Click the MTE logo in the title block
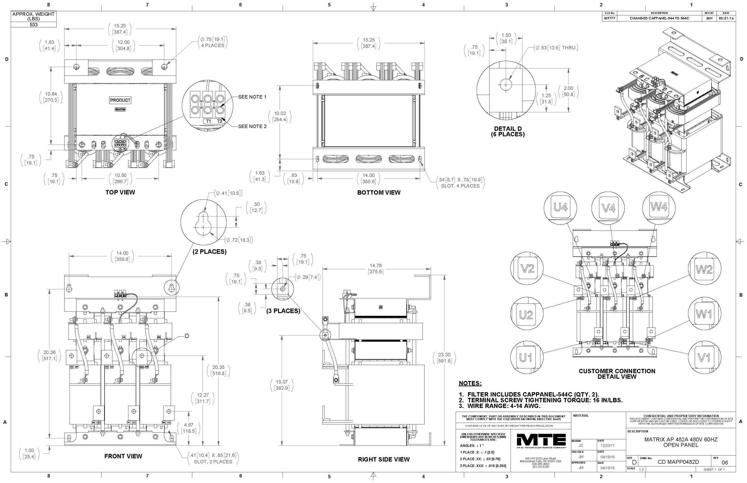[x=541, y=441]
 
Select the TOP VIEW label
[x=120, y=192]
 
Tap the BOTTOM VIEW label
[x=379, y=192]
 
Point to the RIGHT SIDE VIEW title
[x=384, y=459]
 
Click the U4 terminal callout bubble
[x=560, y=208]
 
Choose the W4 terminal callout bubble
[x=659, y=207]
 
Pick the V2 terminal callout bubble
[x=527, y=269]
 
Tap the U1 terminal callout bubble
[x=526, y=358]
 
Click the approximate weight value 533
[x=34, y=24]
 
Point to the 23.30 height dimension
[x=444, y=358]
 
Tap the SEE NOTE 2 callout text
[x=252, y=126]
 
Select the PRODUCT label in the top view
[x=120, y=100]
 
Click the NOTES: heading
[x=470, y=383]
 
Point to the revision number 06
[x=725, y=463]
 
